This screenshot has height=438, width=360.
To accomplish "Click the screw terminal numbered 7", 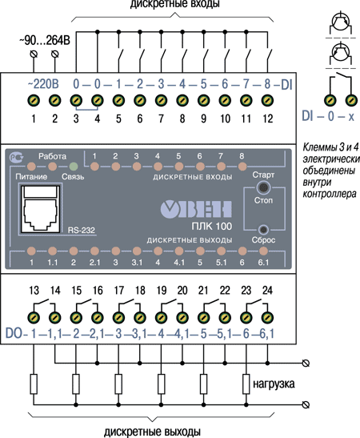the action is pyautogui.click(x=161, y=101).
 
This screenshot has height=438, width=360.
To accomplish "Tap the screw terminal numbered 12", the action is pyautogui.click(x=267, y=101).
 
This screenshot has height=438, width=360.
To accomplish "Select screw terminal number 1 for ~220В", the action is pyautogui.click(x=34, y=101).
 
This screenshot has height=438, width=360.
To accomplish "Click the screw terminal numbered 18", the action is pyautogui.click(x=140, y=318).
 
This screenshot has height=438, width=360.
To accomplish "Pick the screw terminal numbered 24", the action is pyautogui.click(x=267, y=318).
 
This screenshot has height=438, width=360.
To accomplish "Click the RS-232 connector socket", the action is pyautogui.click(x=41, y=208).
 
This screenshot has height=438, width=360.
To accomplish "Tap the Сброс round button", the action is pyautogui.click(x=263, y=230).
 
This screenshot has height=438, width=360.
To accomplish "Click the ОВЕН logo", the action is pyautogui.click(x=196, y=209).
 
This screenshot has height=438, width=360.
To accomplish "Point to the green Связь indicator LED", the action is pyautogui.click(x=74, y=167).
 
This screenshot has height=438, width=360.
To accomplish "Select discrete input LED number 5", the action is pyautogui.click(x=179, y=167).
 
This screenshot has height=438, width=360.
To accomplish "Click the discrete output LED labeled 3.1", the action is pyautogui.click(x=137, y=251).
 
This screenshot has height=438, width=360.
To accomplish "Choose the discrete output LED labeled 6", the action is pyautogui.click(x=242, y=251).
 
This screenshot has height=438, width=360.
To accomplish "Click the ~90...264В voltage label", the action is pyautogui.click(x=45, y=41).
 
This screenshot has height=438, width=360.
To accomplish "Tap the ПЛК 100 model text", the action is pyautogui.click(x=212, y=226).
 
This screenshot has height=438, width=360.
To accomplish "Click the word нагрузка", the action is pyautogui.click(x=274, y=384).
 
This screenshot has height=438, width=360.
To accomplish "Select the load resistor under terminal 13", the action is pyautogui.click(x=34, y=384).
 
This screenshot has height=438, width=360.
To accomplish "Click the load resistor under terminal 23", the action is pyautogui.click(x=246, y=384).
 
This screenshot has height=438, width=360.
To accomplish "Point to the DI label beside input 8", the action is pyautogui.click(x=286, y=85).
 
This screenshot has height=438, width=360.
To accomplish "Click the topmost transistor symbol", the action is pyautogui.click(x=341, y=22).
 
